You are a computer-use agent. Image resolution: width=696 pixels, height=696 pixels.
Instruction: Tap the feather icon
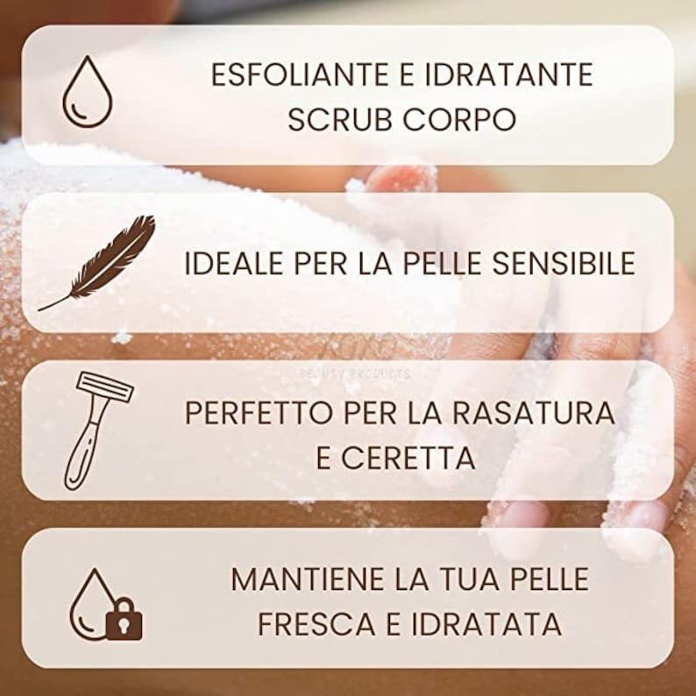[97, 262]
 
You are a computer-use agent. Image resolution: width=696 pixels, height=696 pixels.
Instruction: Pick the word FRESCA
[312, 623]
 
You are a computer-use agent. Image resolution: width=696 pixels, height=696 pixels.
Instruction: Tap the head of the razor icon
[104, 387]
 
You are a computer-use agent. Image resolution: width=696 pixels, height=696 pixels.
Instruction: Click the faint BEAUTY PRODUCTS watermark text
[355, 373]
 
